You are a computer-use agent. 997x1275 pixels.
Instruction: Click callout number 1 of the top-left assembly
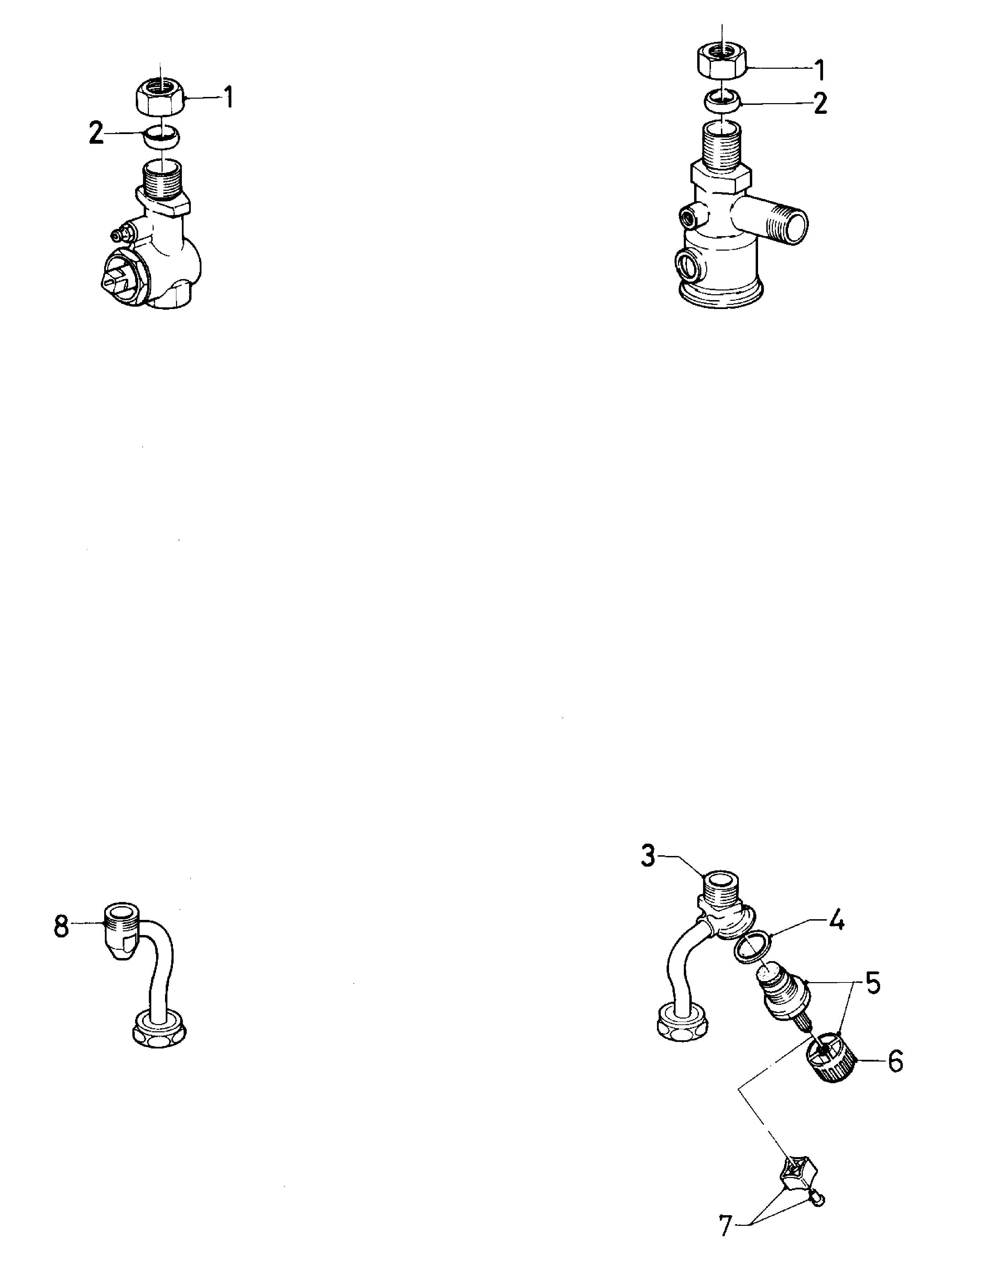pos(229,98)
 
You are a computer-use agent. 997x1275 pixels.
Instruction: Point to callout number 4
pos(837,922)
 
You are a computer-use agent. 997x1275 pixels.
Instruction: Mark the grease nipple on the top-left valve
pos(124,235)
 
